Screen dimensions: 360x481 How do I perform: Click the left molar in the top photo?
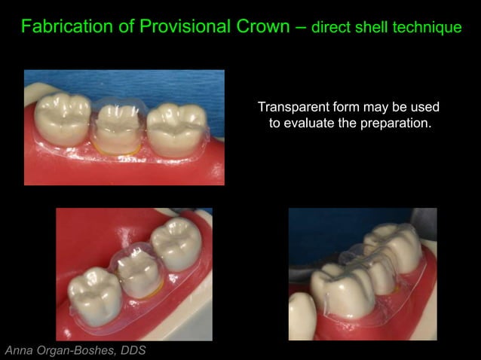pos(63,117)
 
